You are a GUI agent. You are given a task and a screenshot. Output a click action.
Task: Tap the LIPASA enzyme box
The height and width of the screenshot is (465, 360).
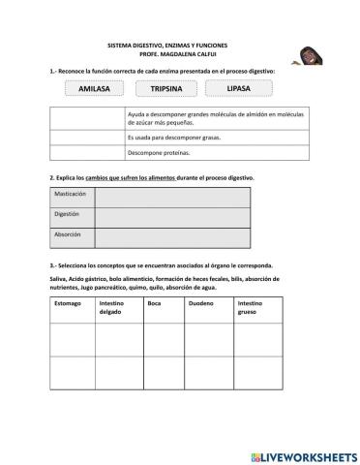pyautogui.click(x=238, y=89)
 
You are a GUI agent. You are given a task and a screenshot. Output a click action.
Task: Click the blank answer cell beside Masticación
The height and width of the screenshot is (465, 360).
pyautogui.click(x=172, y=197)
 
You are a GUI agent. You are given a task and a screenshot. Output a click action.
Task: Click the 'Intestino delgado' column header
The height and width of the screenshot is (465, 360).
pyautogui.click(x=118, y=308)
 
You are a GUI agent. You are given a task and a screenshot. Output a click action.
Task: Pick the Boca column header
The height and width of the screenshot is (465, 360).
pyautogui.click(x=155, y=303)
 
